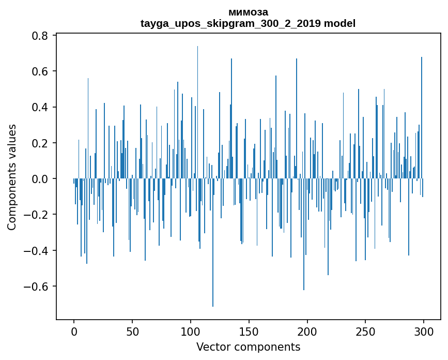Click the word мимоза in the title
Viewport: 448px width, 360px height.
pyautogui.click(x=248, y=12)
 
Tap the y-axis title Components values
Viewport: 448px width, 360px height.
pyautogui.click(x=12, y=177)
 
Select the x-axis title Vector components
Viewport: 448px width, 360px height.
pyautogui.click(x=248, y=347)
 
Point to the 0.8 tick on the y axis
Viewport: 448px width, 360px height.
pyautogui.click(x=41, y=36)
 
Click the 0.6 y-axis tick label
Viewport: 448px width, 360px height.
pyautogui.click(x=41, y=71)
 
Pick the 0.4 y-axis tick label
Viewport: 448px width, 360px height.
pyautogui.click(x=41, y=107)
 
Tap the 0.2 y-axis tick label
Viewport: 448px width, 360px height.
pyautogui.click(x=41, y=143)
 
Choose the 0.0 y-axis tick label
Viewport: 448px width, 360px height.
pyautogui.click(x=41, y=179)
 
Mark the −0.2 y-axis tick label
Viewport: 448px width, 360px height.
pyautogui.click(x=38, y=215)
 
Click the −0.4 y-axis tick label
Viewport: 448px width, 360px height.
pyautogui.click(x=38, y=250)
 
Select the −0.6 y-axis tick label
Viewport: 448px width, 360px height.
pyautogui.click(x=38, y=286)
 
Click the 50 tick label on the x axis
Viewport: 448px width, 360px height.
pyautogui.click(x=132, y=331)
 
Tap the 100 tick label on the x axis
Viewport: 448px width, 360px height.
pyautogui.click(x=191, y=331)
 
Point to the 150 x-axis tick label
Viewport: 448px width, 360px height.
pyautogui.click(x=249, y=331)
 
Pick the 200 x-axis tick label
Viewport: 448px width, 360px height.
pyautogui.click(x=307, y=331)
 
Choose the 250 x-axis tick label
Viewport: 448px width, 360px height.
pyautogui.click(x=365, y=331)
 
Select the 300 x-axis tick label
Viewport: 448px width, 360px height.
pyautogui.click(x=424, y=331)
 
